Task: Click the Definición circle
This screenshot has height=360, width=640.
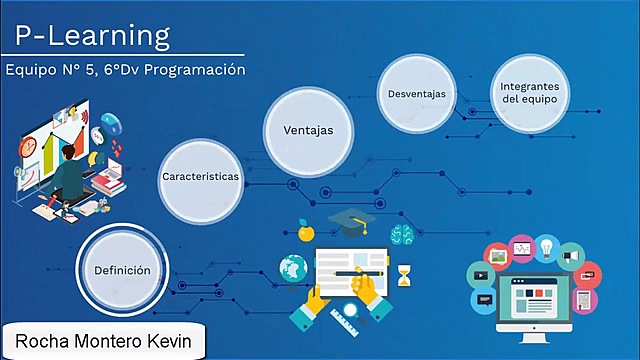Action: tap(123, 270)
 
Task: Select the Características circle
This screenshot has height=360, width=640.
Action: tap(201, 176)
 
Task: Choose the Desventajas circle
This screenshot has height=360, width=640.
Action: tap(417, 94)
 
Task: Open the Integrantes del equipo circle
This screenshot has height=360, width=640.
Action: tap(529, 94)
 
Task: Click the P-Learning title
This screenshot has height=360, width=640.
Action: tap(93, 37)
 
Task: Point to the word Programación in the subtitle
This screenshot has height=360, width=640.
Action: tap(196, 71)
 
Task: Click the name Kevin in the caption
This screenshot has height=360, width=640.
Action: tap(178, 341)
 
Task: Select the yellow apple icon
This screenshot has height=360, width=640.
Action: tap(306, 232)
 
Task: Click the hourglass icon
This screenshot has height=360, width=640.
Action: tap(404, 273)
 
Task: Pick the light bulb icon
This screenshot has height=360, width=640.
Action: tap(547, 245)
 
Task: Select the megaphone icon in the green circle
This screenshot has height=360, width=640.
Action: tap(571, 256)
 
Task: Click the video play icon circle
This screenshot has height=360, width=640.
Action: tap(481, 273)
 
